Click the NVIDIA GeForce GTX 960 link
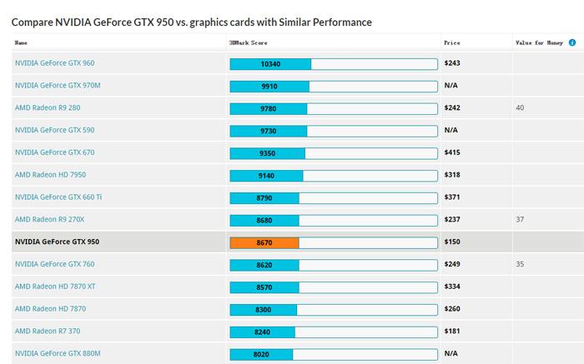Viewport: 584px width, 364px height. tap(54, 63)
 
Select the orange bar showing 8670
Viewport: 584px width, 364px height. tap(264, 242)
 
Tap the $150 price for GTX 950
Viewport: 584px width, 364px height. tap(452, 242)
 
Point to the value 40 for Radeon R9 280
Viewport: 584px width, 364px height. tap(521, 108)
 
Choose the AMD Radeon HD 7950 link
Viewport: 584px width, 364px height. tap(50, 175)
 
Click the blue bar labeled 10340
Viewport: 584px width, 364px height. tap(270, 63)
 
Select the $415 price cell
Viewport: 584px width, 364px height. tap(452, 153)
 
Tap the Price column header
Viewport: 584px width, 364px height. tap(452, 42)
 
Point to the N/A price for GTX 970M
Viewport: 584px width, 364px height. tap(451, 86)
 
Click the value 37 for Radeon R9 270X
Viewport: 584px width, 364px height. tap(521, 220)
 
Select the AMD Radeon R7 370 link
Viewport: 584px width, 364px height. tap(48, 332)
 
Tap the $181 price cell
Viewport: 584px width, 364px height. tap(452, 332)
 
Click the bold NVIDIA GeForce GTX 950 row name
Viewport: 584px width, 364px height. tap(57, 242)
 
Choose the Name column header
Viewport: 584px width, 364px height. tap(21, 42)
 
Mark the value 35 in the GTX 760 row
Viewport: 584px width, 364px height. tap(521, 264)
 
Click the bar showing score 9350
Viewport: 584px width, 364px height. tap(267, 153)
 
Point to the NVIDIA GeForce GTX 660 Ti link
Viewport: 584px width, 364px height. tap(58, 197)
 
